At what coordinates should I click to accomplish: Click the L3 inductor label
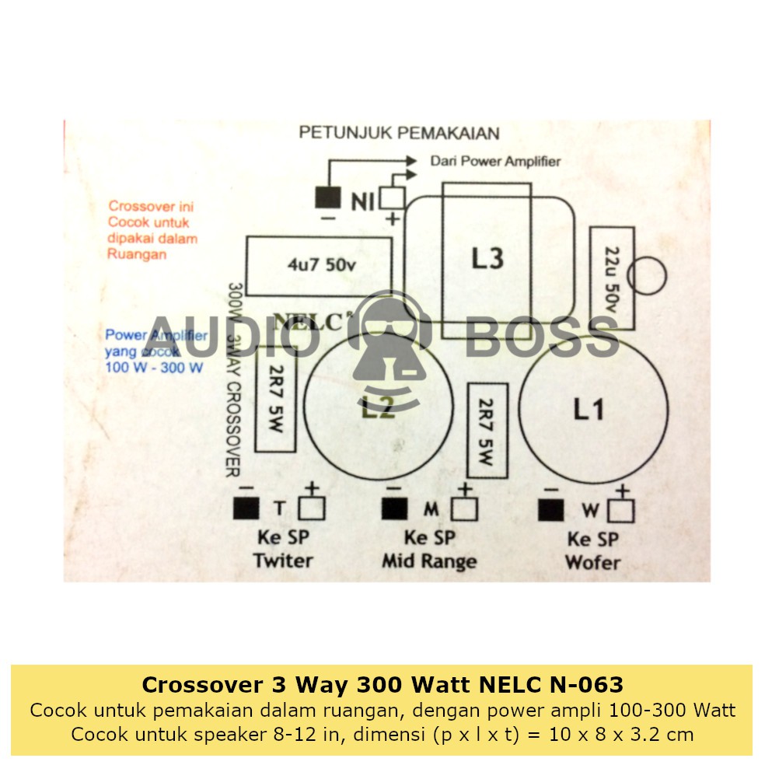point(487,258)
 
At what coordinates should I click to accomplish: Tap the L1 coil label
point(589,409)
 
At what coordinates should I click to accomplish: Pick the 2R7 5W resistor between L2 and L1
point(487,430)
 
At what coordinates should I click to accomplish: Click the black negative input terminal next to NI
point(327,198)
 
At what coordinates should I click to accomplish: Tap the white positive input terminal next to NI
point(392,199)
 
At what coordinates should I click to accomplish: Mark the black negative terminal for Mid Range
point(394,509)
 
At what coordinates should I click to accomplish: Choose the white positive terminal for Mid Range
point(464,509)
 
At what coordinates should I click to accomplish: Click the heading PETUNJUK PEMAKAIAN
point(399,133)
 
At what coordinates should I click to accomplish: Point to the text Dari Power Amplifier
point(494,162)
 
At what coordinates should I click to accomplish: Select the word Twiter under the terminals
point(283,561)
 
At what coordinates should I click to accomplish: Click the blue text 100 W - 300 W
point(154,367)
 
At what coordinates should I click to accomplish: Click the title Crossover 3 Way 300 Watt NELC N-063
point(382,685)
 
